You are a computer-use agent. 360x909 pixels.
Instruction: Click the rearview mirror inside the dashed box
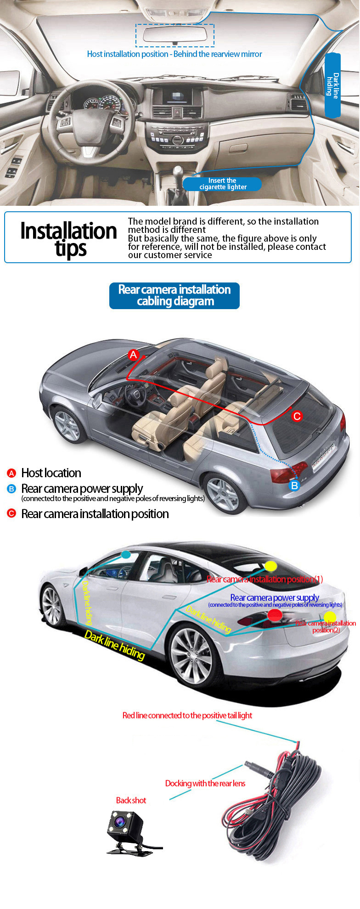tap(175, 35)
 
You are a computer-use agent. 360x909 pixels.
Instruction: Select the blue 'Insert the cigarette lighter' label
tap(222, 184)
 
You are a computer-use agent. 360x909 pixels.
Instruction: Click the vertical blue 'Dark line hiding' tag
tap(332, 85)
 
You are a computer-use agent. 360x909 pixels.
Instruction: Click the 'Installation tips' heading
tap(69, 239)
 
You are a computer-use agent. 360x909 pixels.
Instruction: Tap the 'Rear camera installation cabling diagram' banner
tap(174, 295)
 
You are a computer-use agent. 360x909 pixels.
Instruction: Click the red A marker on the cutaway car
tap(133, 355)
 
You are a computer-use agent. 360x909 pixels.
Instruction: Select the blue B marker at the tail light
tap(294, 485)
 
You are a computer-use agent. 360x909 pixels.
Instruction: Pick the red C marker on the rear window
tap(297, 416)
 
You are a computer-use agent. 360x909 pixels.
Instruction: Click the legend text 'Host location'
tap(51, 473)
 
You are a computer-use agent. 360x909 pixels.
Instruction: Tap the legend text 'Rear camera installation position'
tap(95, 514)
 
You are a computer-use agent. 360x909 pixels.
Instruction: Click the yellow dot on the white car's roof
tap(270, 566)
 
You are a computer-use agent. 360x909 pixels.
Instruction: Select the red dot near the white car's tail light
tap(275, 615)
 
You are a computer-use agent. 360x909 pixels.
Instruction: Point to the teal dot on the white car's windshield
tap(126, 554)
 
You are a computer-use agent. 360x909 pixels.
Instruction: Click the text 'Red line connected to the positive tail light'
tap(187, 715)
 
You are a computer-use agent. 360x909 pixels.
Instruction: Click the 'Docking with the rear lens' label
tap(205, 783)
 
